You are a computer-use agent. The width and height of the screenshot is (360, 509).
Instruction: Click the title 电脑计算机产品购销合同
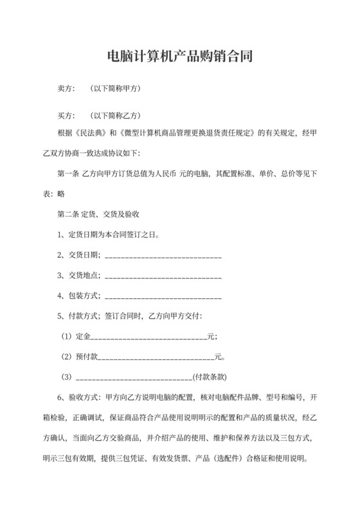tap(179, 57)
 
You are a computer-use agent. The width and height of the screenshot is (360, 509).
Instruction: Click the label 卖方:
tap(67, 88)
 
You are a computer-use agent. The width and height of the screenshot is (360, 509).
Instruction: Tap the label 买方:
tap(67, 116)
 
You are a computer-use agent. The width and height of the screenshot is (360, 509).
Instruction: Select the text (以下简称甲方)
tap(116, 88)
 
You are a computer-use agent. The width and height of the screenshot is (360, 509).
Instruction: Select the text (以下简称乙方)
tap(116, 116)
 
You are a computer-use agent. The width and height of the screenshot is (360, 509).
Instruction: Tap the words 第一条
tap(69, 174)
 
